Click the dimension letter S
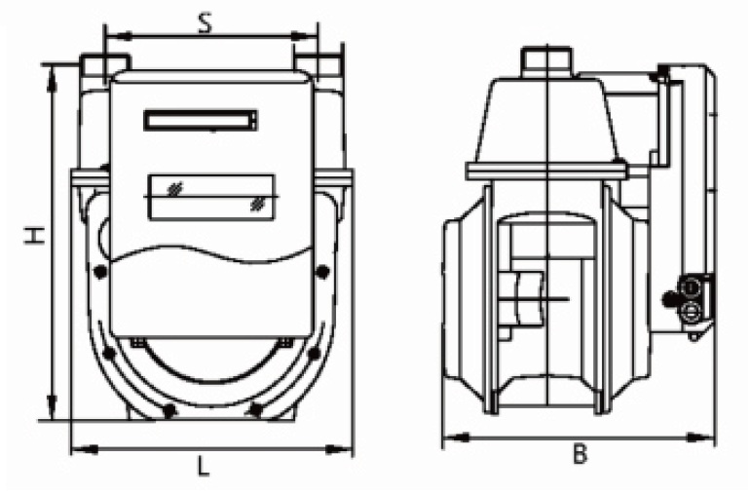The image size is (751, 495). coord(205,23)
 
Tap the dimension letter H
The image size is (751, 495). coord(34,236)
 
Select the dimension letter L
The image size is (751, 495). coord(203,467)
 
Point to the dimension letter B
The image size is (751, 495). coord(580,454)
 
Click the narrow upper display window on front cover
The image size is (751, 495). coord(202,121)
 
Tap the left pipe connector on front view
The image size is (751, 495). coord(102,66)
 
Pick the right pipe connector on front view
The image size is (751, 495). coord(318,66)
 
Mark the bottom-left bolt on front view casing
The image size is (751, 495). coord(169,410)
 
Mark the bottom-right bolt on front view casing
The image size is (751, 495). coord(255,410)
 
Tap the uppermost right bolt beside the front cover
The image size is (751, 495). coord(324,271)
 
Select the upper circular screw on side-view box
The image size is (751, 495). coord(691,288)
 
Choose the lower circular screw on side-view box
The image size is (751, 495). coord(691,312)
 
